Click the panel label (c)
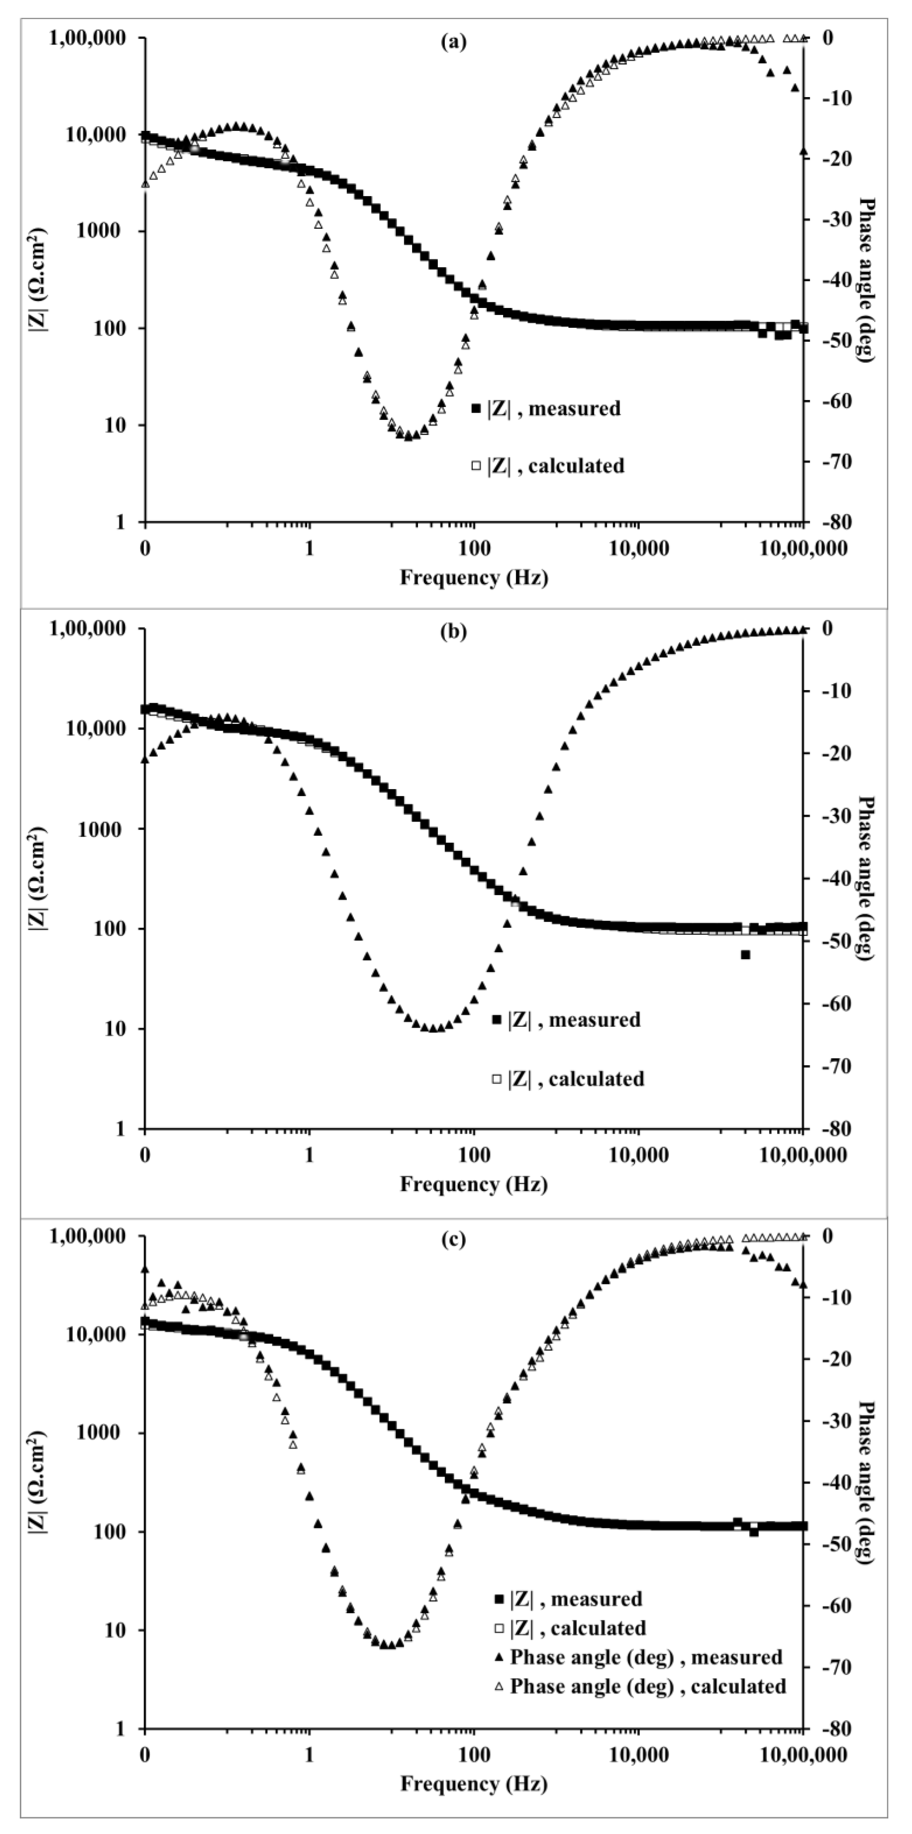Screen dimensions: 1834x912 click(x=454, y=1239)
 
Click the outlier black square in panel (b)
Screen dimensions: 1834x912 click(x=745, y=955)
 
